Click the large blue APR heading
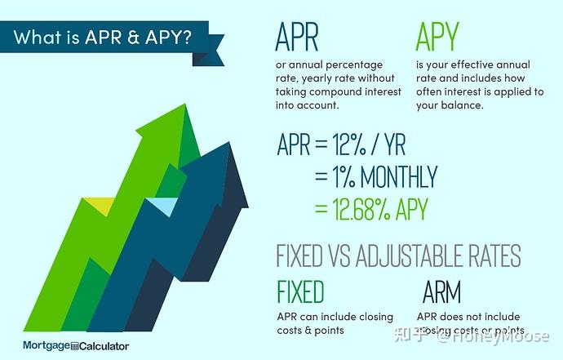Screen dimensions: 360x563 point(297,37)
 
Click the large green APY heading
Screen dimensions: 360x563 point(437,37)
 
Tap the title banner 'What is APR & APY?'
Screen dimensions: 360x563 point(103,38)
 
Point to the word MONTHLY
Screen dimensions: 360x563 point(394,177)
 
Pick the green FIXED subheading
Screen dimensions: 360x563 point(300,291)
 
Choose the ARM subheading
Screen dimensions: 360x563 point(442,291)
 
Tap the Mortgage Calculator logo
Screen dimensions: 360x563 point(76,346)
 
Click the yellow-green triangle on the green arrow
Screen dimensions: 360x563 point(100,207)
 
